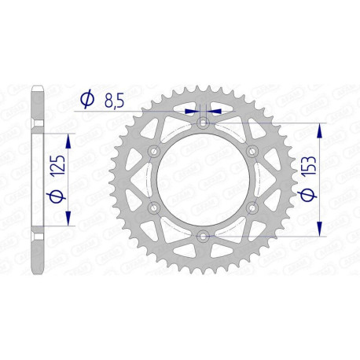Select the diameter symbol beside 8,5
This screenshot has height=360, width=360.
88,99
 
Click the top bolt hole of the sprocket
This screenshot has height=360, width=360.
204,123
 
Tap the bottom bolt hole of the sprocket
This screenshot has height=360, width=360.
204,235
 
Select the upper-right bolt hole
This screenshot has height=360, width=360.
252,151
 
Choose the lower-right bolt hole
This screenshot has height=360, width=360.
252,208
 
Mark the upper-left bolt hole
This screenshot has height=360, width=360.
155,151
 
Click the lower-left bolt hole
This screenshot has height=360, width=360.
155,208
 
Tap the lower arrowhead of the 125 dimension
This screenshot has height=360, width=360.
69,218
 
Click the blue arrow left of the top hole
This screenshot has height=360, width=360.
191,112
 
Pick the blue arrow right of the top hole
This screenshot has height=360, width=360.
216,112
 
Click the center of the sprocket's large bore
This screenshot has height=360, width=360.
204,179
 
